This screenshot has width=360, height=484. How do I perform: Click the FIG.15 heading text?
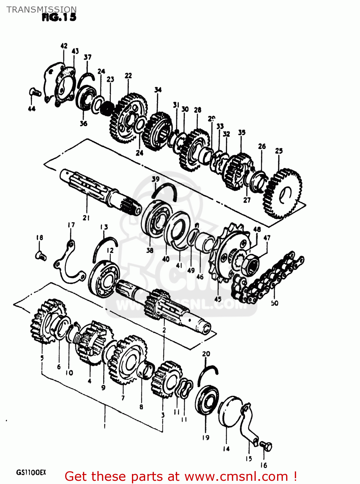59,17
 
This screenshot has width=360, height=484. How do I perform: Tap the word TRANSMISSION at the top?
41,9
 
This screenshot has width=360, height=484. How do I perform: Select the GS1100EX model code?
31,473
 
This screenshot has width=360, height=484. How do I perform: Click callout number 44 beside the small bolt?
32,109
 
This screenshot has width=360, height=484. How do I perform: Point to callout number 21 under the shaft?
86,218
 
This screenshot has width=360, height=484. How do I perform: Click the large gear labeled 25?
283,194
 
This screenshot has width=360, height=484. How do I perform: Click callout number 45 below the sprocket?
218,299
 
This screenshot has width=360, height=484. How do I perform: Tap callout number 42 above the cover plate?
64,46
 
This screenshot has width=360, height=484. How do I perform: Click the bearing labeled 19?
207,400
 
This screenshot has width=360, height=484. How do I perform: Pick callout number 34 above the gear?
158,90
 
